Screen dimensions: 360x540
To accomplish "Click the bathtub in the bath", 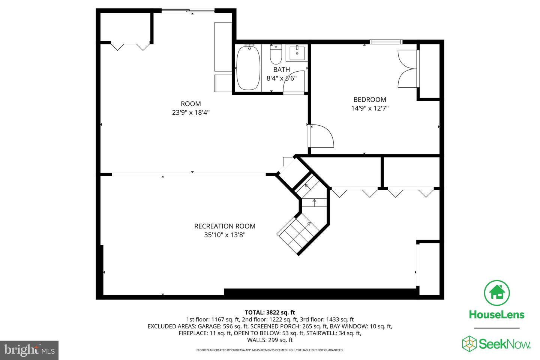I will (248, 68).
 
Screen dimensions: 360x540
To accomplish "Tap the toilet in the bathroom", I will (276, 55).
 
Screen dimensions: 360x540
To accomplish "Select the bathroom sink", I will (297, 53).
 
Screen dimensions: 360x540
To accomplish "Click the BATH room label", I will (281, 69).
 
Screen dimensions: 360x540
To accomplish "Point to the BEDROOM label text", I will (370, 99).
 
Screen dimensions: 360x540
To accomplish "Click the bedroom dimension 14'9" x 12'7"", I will (370, 108).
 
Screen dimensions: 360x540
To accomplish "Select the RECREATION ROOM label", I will (225, 226).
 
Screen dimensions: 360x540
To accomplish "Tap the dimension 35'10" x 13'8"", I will (225, 235).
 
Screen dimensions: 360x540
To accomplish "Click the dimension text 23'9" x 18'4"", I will (190, 112).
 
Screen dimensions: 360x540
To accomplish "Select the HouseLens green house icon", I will (497, 292).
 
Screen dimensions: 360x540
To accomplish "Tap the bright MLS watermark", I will (29, 350).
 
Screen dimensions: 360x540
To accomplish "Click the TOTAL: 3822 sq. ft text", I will (270, 312).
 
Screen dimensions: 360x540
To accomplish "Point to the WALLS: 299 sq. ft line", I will (270, 340).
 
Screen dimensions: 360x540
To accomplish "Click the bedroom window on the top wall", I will (385, 42).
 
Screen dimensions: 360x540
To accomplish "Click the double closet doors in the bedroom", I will (408, 69).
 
